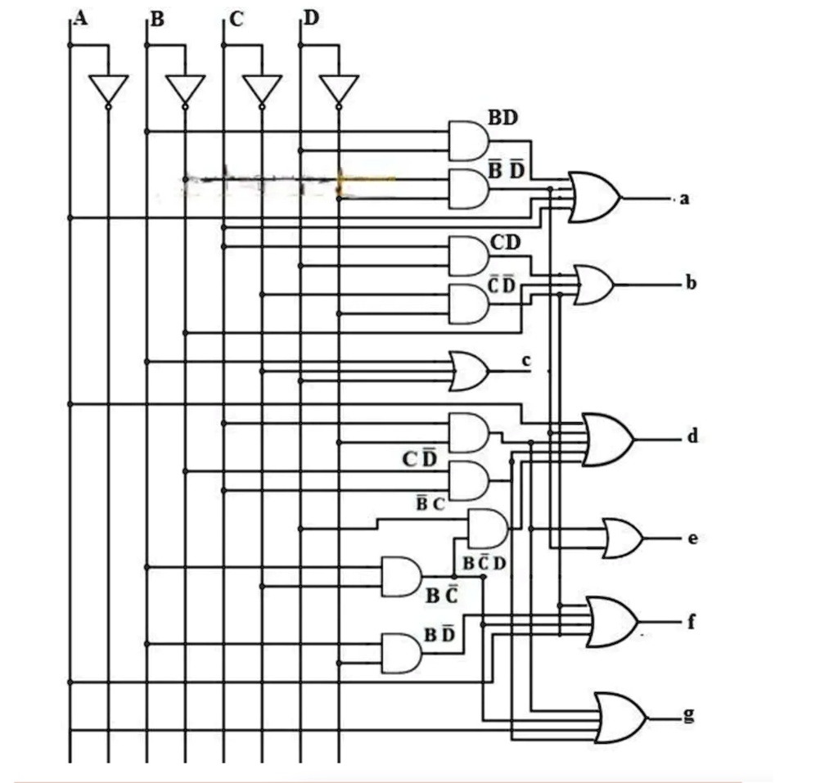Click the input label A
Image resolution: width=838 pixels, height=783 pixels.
[80, 17]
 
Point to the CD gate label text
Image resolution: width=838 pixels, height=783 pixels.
[506, 242]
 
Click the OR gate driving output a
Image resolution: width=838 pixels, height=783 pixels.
[595, 197]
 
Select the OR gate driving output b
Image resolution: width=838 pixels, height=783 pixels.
[595, 285]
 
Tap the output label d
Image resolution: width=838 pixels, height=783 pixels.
[692, 436]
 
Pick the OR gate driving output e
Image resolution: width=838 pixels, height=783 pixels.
[622, 538]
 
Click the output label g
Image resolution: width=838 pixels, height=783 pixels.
[689, 714]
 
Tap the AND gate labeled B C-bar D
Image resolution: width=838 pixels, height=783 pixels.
[487, 528]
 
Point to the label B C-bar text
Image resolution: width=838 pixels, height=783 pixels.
[440, 595]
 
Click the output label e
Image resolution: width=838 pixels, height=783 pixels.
[692, 538]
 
